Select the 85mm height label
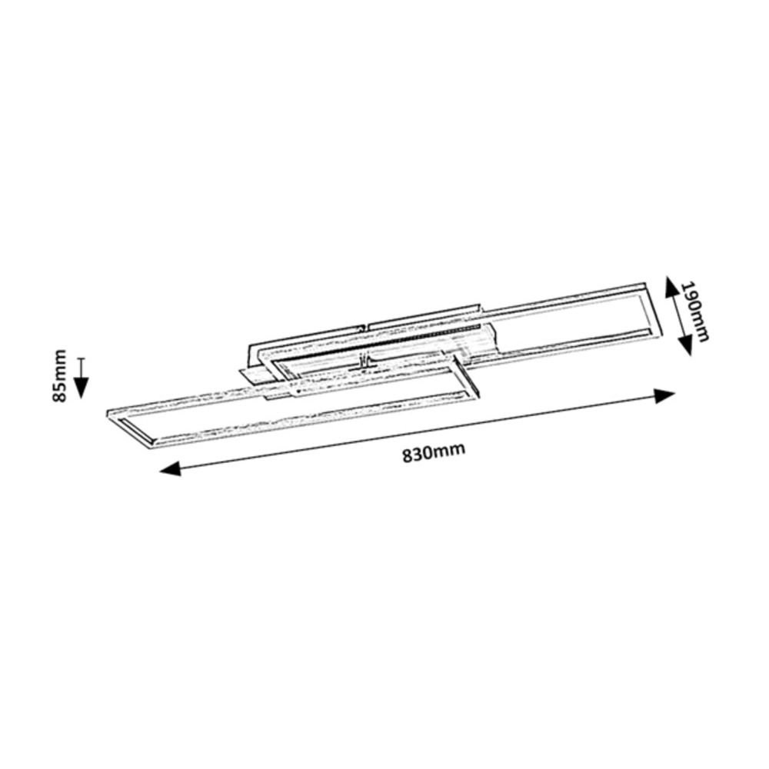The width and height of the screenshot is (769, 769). pyautogui.click(x=59, y=376)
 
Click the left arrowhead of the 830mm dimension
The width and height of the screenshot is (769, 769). pyautogui.click(x=170, y=469)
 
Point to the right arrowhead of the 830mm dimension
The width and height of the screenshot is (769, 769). pyautogui.click(x=665, y=395)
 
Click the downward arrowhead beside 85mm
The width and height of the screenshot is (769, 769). pyautogui.click(x=82, y=387)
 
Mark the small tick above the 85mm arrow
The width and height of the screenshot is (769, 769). pyautogui.click(x=82, y=359)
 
